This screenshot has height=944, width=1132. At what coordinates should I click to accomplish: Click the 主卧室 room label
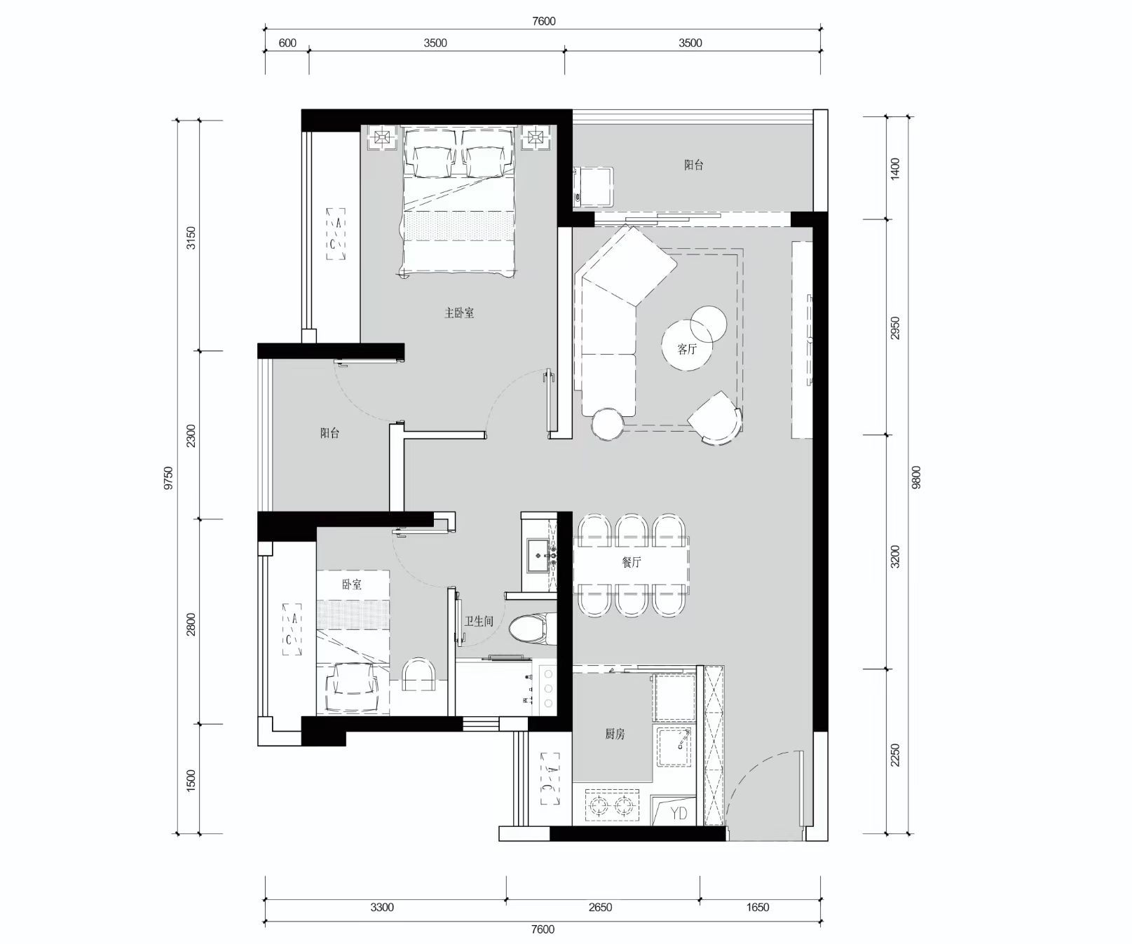click(x=459, y=313)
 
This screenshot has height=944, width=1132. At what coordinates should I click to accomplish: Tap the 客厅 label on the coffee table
click(x=687, y=348)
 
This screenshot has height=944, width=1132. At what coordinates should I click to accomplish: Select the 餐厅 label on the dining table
click(x=631, y=562)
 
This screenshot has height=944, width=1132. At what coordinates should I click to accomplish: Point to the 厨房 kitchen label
click(x=615, y=734)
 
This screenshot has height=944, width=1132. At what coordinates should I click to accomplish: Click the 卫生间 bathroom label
click(x=479, y=621)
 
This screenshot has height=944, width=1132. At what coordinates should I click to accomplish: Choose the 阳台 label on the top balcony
click(x=694, y=165)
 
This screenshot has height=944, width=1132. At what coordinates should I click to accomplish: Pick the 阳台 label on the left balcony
click(x=330, y=433)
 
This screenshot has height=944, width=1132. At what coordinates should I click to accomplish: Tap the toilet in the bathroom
click(x=531, y=628)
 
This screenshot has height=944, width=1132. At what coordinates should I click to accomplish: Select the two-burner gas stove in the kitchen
click(x=613, y=806)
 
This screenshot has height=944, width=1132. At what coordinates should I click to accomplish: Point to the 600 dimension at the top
click(x=287, y=43)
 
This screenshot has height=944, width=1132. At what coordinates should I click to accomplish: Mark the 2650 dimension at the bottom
click(x=600, y=907)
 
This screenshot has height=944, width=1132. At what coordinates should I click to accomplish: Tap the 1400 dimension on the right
click(x=894, y=169)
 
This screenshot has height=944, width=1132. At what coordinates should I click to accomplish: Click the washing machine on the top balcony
click(x=593, y=187)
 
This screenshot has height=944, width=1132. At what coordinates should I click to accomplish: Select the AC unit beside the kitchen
click(x=550, y=779)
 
